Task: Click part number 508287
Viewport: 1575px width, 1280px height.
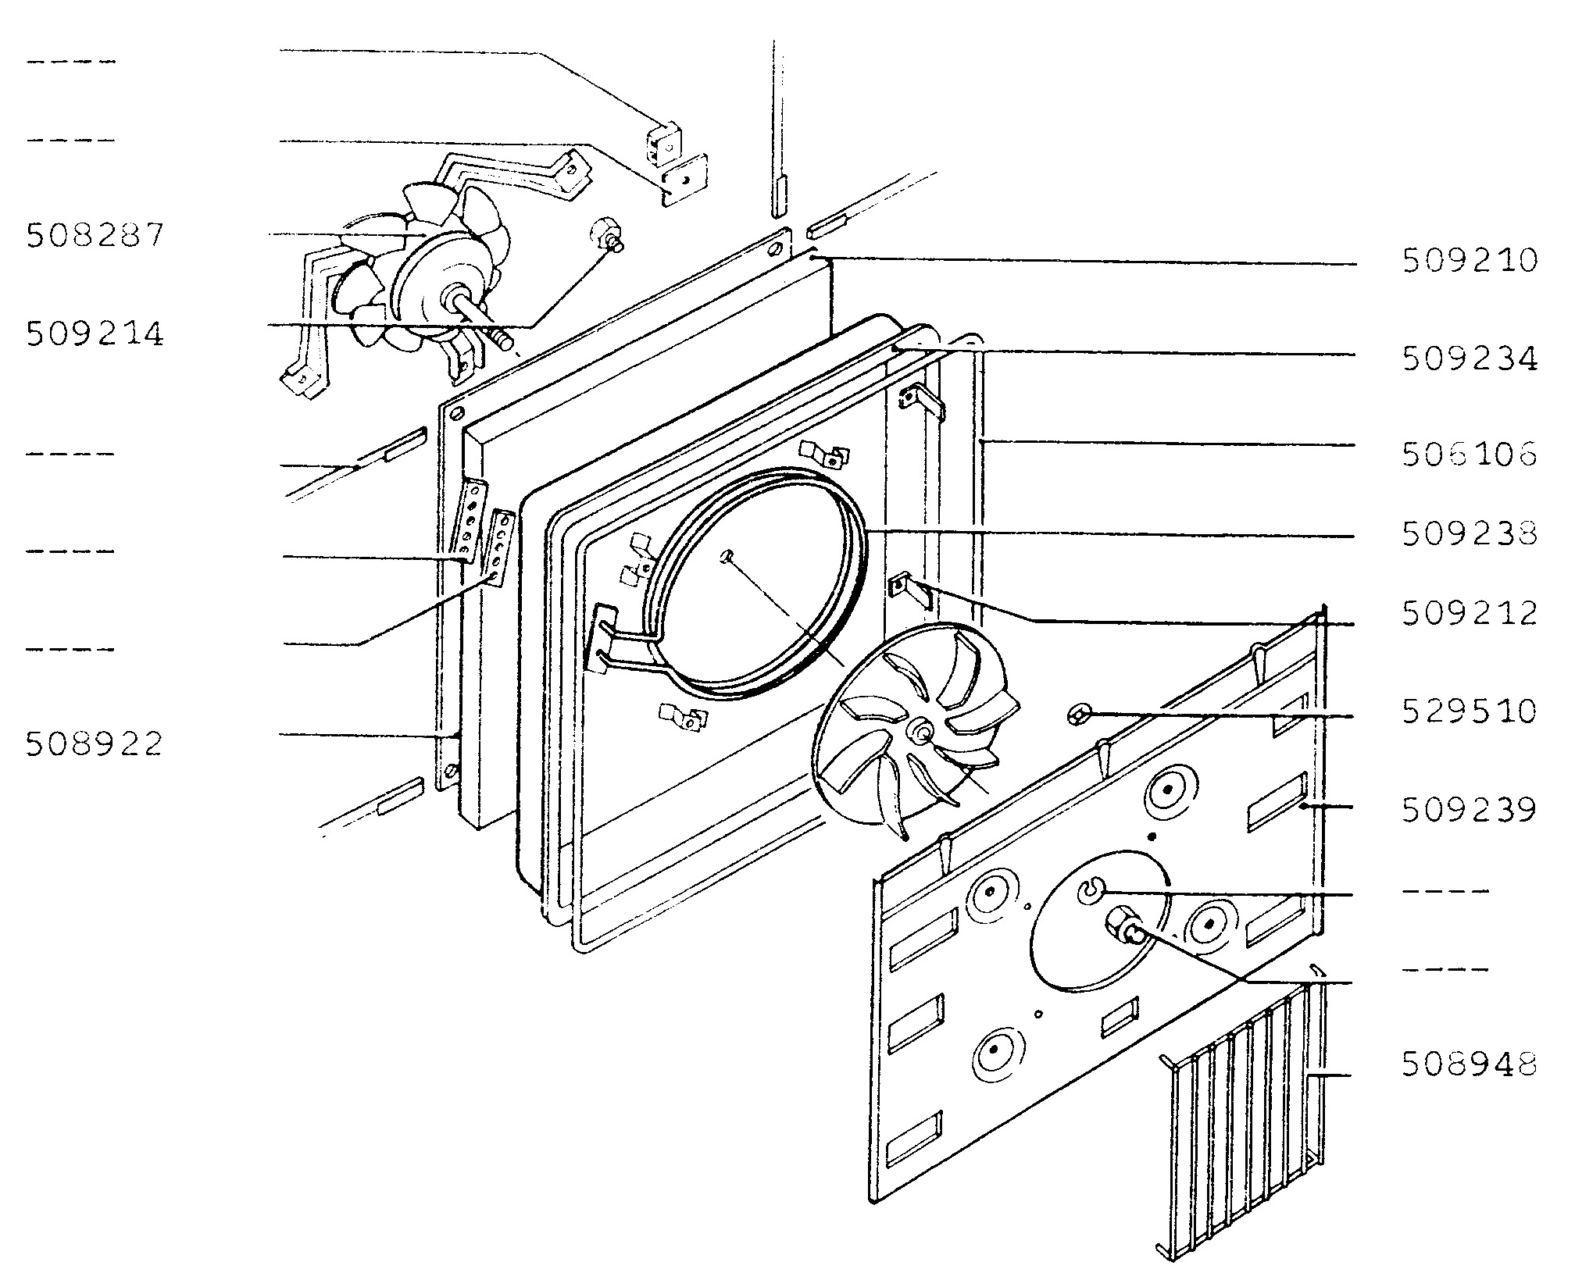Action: pyautogui.click(x=95, y=235)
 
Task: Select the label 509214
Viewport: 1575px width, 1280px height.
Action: pyautogui.click(x=95, y=334)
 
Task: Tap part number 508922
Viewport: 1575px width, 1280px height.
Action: pyautogui.click(x=95, y=743)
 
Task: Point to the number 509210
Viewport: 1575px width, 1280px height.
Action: pyautogui.click(x=1470, y=261)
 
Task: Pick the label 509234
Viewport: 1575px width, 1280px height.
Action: pyautogui.click(x=1470, y=359)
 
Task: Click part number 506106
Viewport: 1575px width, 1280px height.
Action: pyautogui.click(x=1470, y=454)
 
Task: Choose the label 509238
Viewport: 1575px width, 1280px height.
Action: pyautogui.click(x=1470, y=534)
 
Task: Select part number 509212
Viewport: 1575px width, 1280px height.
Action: pyautogui.click(x=1470, y=614)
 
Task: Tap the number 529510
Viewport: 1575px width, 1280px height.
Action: pyautogui.click(x=1470, y=711)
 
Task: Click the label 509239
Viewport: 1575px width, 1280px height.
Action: pyautogui.click(x=1470, y=810)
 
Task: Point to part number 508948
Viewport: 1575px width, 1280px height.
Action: pyautogui.click(x=1470, y=1064)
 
